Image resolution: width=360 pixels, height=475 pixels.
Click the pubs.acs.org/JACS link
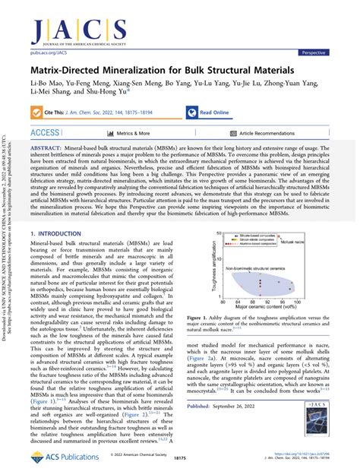pos(49,53)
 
